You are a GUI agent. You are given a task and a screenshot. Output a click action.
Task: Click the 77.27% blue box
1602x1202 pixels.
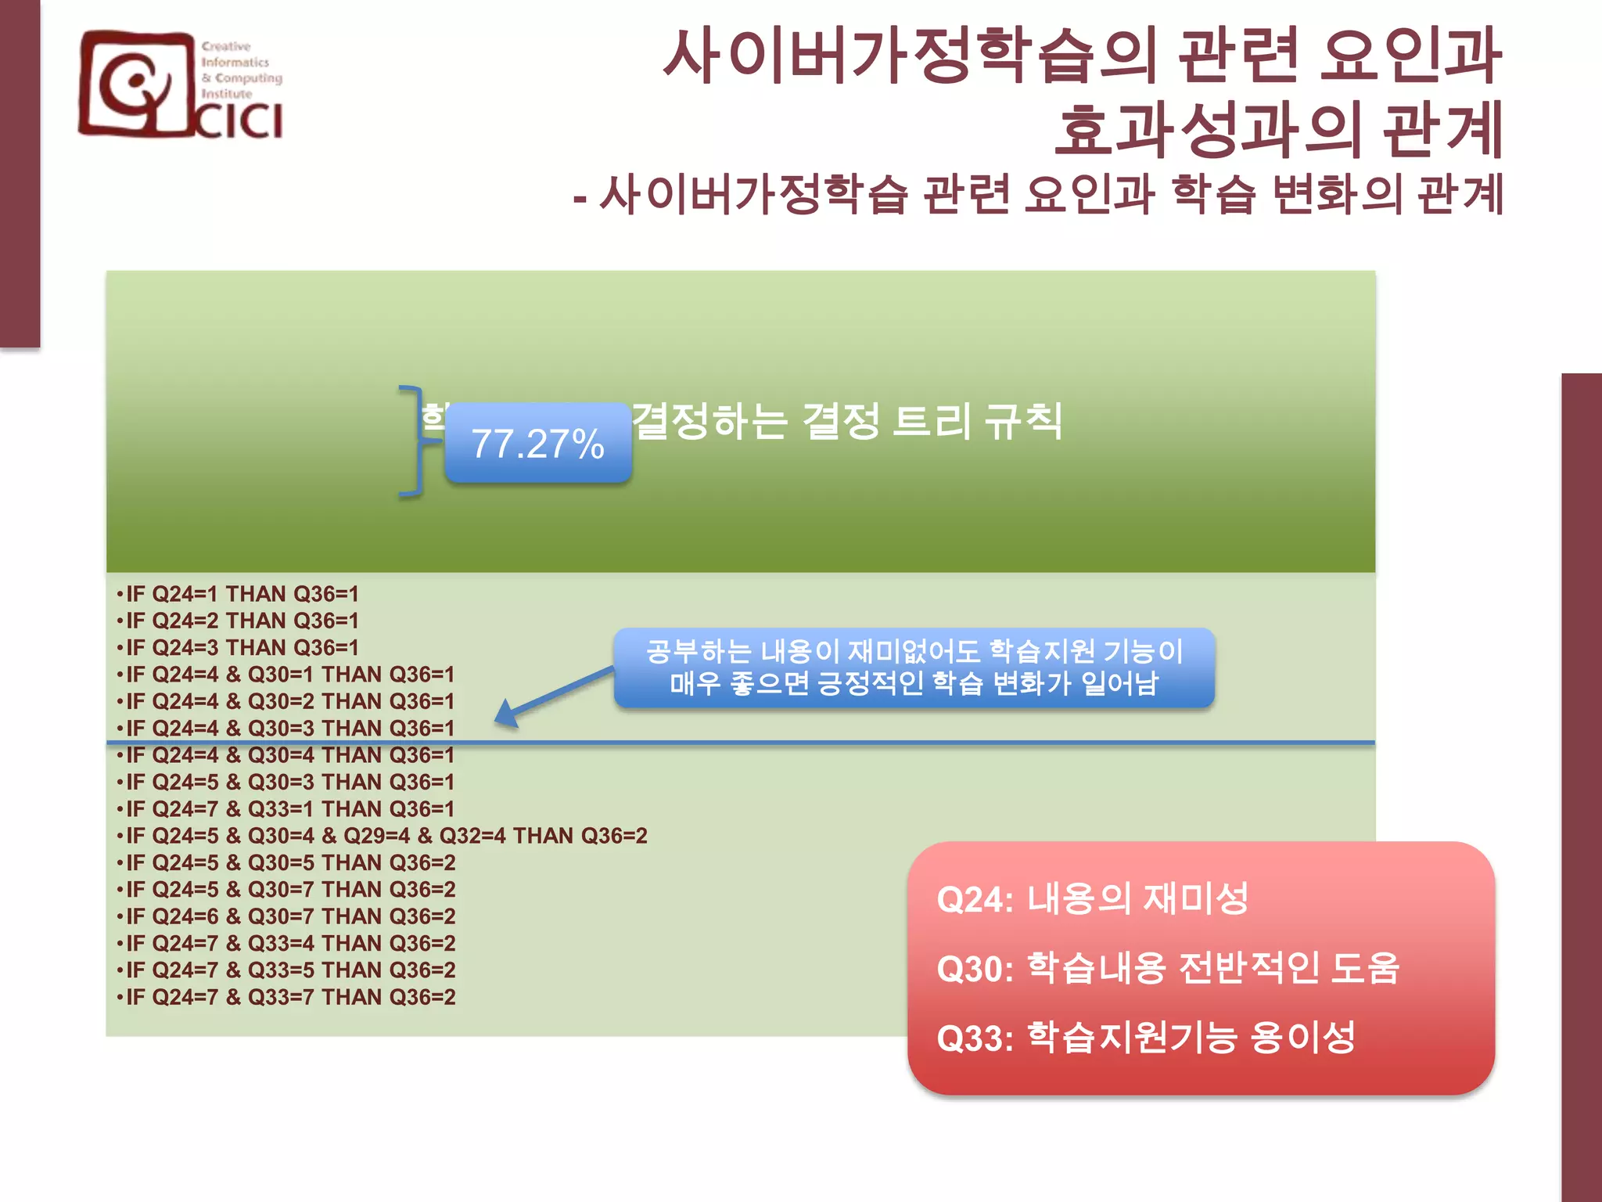537,443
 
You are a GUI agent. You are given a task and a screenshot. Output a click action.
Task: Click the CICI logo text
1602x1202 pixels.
239,121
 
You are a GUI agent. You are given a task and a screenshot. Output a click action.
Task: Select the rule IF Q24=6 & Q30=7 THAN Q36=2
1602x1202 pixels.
290,916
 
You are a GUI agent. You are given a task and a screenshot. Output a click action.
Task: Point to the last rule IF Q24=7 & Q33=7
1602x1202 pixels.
290,997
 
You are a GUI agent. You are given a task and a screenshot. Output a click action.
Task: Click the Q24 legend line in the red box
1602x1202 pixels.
1092,899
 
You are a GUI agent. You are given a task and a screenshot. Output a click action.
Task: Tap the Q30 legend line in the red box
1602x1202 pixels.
1167,968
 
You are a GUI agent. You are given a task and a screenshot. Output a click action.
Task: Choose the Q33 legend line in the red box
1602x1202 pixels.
1145,1038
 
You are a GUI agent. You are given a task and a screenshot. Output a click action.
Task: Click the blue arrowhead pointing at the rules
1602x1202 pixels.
507,714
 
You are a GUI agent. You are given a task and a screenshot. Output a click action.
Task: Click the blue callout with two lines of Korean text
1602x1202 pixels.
914,668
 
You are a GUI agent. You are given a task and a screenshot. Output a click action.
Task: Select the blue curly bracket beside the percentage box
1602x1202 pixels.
413,441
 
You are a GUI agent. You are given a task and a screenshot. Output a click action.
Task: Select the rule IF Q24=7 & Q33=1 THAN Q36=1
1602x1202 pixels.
289,809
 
